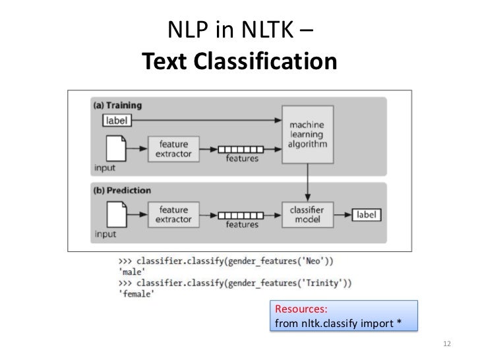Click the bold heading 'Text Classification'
[x=240, y=63]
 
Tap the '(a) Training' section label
[x=118, y=105]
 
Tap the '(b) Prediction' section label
[x=121, y=191]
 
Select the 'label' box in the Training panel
[x=117, y=120]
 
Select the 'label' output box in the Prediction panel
[x=367, y=214]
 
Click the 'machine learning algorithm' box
[x=307, y=134]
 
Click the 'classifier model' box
[x=307, y=214]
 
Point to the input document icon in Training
[x=116, y=149]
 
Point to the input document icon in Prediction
[x=116, y=215]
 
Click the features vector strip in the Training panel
[x=241, y=149]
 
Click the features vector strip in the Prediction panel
[x=241, y=214]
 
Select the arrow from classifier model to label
[x=342, y=214]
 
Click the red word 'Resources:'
[x=301, y=309]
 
